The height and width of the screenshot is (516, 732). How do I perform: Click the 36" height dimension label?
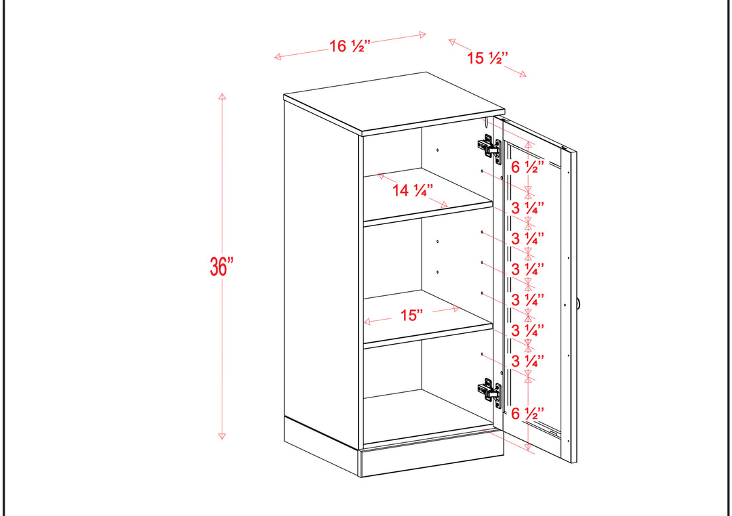coord(221,266)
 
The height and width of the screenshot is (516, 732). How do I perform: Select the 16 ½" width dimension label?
coord(350,46)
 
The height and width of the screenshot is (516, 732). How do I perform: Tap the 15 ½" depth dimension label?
coord(487,58)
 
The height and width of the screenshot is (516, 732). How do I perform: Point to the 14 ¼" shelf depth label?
coord(412,190)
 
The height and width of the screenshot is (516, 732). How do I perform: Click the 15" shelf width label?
coord(411,316)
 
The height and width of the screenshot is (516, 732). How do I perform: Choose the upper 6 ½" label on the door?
coord(527,167)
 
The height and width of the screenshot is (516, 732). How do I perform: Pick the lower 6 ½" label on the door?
coord(527,413)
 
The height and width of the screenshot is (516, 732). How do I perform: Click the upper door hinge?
coord(489,148)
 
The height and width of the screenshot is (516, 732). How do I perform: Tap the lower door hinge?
coord(489,393)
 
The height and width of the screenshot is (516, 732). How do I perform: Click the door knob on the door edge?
coord(578,304)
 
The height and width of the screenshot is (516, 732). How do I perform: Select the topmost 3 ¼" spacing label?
coord(527,208)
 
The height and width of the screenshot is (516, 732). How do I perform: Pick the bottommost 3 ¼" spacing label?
coord(527,361)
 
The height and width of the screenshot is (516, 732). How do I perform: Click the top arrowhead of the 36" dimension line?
coord(222,96)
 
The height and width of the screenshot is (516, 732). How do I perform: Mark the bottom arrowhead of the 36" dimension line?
coord(222,436)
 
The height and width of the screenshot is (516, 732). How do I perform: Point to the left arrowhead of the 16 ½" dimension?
coord(277,57)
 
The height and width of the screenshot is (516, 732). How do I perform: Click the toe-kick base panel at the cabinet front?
coord(432,457)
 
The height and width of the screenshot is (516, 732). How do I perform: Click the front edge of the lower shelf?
coord(428,336)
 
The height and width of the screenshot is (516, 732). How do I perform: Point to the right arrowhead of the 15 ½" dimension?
coord(523,74)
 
